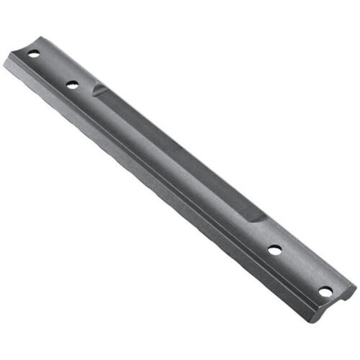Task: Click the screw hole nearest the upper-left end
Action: [x=34, y=54]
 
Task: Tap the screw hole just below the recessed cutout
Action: [x=274, y=250]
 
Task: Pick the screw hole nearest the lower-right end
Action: [x=326, y=291]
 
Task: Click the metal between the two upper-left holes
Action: [x=53, y=69]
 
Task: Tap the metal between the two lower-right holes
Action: [x=300, y=270]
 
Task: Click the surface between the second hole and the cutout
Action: [x=84, y=89]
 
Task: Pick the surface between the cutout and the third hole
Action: [x=265, y=235]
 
